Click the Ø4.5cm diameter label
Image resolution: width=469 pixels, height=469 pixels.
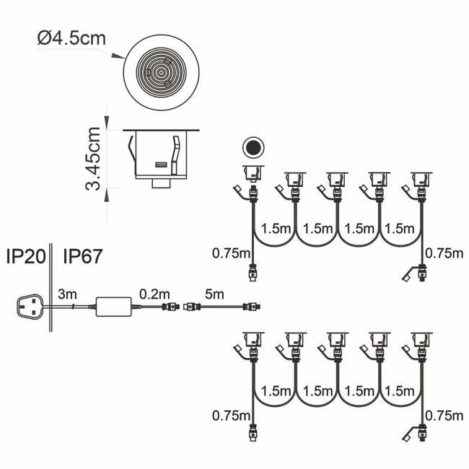(71, 38)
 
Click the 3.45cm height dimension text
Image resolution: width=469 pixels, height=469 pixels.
(93, 159)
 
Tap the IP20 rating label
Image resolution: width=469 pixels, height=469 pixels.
(26, 256)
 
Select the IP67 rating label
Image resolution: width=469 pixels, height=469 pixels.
(83, 256)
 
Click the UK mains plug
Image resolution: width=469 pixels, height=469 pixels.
(29, 306)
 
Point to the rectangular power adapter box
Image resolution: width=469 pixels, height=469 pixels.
(114, 307)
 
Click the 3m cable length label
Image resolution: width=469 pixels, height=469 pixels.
(67, 294)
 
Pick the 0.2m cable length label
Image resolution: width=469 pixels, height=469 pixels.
(154, 294)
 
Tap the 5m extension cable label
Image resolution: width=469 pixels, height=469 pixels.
(214, 294)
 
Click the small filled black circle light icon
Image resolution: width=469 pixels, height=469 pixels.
(253, 147)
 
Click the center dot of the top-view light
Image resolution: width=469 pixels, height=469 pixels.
(161, 72)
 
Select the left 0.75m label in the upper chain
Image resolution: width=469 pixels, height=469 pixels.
(231, 253)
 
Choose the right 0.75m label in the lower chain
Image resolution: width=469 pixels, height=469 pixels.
(444, 416)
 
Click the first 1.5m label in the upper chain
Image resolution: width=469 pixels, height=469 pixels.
(276, 229)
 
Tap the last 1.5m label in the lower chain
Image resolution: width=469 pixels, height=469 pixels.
(399, 391)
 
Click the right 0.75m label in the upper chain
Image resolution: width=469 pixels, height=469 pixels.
(444, 253)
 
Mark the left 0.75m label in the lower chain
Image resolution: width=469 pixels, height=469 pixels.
(231, 416)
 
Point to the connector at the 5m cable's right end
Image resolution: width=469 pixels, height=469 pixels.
(252, 307)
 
